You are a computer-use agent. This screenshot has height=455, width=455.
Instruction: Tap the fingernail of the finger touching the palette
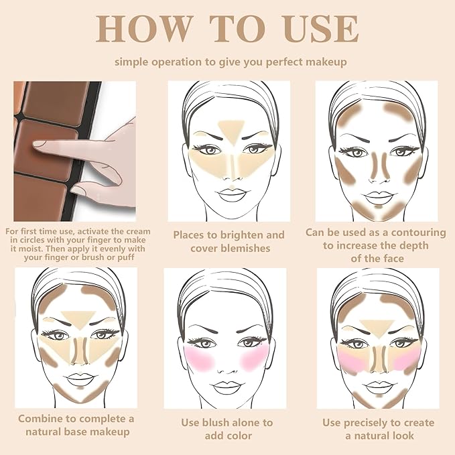click(x=42, y=143)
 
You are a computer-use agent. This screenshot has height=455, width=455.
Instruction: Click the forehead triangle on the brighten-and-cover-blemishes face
click(x=228, y=125)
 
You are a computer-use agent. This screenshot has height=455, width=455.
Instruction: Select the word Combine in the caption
click(x=40, y=419)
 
